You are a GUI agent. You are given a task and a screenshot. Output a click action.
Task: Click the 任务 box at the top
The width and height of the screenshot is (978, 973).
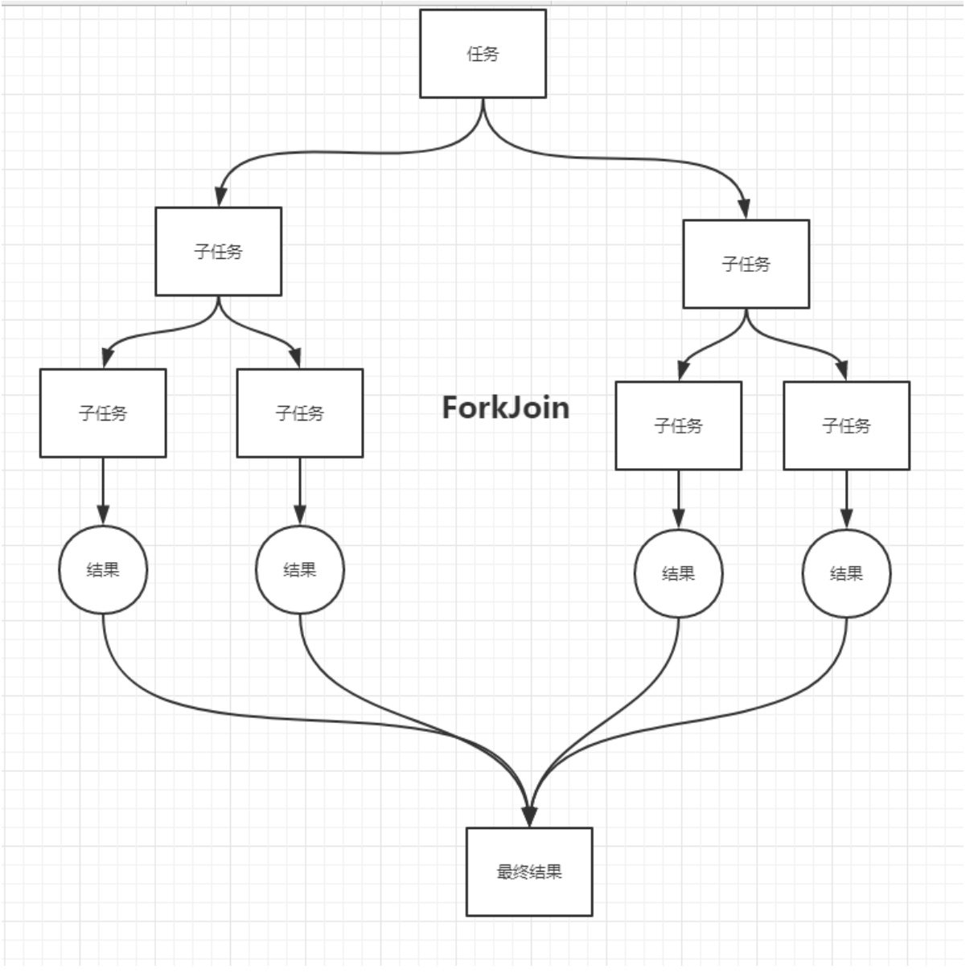(x=483, y=53)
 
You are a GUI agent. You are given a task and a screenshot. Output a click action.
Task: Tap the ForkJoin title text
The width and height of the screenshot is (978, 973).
(x=506, y=408)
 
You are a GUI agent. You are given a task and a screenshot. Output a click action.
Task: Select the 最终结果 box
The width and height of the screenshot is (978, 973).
(x=529, y=872)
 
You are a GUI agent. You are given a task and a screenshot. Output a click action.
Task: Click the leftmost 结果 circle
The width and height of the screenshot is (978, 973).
(x=103, y=570)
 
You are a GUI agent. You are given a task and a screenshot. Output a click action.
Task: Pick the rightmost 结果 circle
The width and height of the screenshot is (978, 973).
(x=847, y=573)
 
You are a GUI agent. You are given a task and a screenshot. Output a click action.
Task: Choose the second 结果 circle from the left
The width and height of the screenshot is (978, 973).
(x=300, y=570)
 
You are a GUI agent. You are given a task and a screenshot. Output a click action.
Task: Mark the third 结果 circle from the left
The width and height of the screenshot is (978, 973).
(x=679, y=573)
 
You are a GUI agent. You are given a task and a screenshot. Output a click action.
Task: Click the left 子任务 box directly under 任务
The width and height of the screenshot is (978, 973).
(x=219, y=251)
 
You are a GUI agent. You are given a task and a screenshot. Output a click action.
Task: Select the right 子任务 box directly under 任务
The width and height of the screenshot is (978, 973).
(x=746, y=264)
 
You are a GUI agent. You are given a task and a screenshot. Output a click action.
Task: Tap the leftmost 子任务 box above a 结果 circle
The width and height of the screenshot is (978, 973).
(x=103, y=413)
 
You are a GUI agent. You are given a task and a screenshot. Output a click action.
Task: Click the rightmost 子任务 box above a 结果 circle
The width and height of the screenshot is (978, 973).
(x=847, y=426)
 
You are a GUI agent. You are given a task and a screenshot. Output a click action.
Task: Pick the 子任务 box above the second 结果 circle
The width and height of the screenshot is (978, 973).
(x=300, y=413)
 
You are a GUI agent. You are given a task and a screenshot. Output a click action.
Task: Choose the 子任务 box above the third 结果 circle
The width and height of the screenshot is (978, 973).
(x=679, y=426)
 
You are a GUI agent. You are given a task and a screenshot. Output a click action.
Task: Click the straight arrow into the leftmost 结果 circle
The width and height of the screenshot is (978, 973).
(x=103, y=491)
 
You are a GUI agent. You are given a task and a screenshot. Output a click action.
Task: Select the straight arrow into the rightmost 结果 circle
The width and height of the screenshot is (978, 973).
(x=847, y=499)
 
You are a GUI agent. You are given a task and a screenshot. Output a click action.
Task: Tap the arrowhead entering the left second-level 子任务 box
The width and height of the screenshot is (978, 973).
(x=220, y=197)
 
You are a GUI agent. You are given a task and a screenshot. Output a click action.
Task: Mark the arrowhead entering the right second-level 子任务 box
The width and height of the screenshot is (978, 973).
(x=745, y=210)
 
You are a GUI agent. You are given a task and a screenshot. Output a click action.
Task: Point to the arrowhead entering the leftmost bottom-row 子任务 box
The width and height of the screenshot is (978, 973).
(x=107, y=359)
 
